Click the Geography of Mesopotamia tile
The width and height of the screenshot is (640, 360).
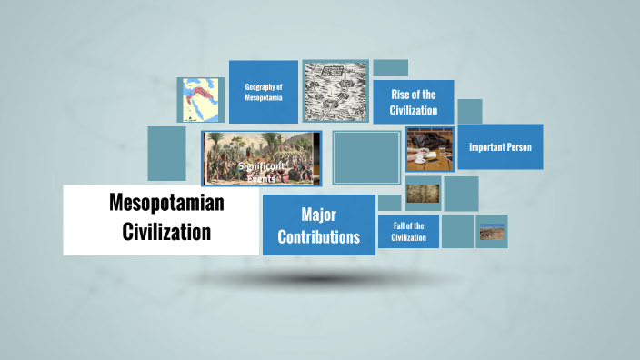click(264, 92)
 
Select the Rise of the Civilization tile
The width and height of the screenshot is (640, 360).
click(414, 102)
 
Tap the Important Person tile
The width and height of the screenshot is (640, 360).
click(500, 146)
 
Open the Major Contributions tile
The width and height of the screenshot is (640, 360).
click(318, 225)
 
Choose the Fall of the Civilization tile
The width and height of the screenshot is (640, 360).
click(409, 231)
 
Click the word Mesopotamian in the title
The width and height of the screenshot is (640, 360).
click(166, 205)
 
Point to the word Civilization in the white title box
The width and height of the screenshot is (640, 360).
click(166, 232)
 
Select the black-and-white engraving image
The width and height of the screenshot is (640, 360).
click(335, 92)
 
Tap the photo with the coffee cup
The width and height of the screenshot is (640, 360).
click(429, 148)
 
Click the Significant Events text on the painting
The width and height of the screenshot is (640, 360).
click(260, 173)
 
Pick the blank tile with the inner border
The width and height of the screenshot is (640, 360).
click(366, 157)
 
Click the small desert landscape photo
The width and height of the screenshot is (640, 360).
click(492, 233)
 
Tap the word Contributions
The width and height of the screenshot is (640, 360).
click(318, 237)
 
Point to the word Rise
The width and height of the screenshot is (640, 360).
click(401, 95)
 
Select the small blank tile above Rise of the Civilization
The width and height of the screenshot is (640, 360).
click(390, 68)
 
